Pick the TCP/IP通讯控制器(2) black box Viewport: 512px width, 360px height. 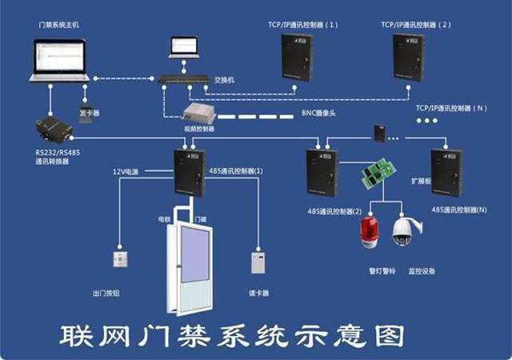pos(407,58)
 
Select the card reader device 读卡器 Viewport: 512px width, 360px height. pos(258,262)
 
